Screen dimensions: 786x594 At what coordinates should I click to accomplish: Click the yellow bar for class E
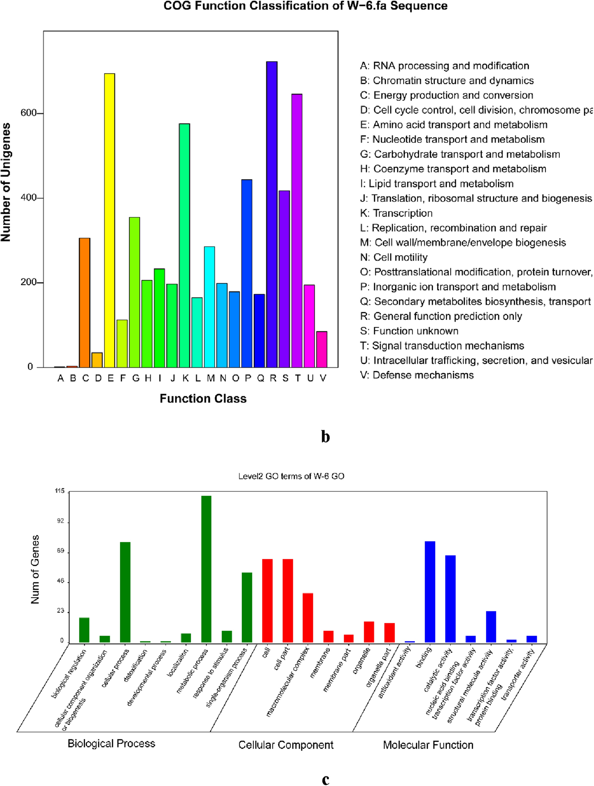pyautogui.click(x=110, y=220)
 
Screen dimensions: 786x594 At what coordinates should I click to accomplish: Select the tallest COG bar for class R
pyautogui.click(x=272, y=214)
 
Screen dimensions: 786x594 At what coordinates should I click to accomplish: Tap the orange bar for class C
pyautogui.click(x=84, y=302)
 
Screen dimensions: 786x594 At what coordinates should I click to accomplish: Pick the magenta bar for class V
pyautogui.click(x=322, y=349)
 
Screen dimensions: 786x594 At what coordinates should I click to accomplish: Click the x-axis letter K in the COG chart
pyautogui.click(x=186, y=378)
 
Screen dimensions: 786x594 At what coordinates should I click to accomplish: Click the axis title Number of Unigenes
pyautogui.click(x=6, y=182)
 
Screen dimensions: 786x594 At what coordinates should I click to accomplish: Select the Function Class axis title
pyautogui.click(x=203, y=398)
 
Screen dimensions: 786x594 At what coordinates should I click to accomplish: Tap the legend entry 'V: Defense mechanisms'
pyautogui.click(x=417, y=375)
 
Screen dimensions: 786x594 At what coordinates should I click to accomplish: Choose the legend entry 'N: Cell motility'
pyautogui.click(x=394, y=257)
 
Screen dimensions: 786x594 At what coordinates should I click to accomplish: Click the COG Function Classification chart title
pyautogui.click(x=305, y=6)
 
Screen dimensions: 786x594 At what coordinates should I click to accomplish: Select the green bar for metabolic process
pyautogui.click(x=206, y=569)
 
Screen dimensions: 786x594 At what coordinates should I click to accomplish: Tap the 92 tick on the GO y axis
pyautogui.click(x=60, y=521)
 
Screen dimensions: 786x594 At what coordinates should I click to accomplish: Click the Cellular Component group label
pyautogui.click(x=286, y=745)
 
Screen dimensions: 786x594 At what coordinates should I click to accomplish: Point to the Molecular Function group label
pyautogui.click(x=428, y=745)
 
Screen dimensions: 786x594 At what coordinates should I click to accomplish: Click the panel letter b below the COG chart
pyautogui.click(x=325, y=437)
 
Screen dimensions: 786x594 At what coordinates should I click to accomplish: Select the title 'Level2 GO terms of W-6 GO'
pyautogui.click(x=291, y=476)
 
